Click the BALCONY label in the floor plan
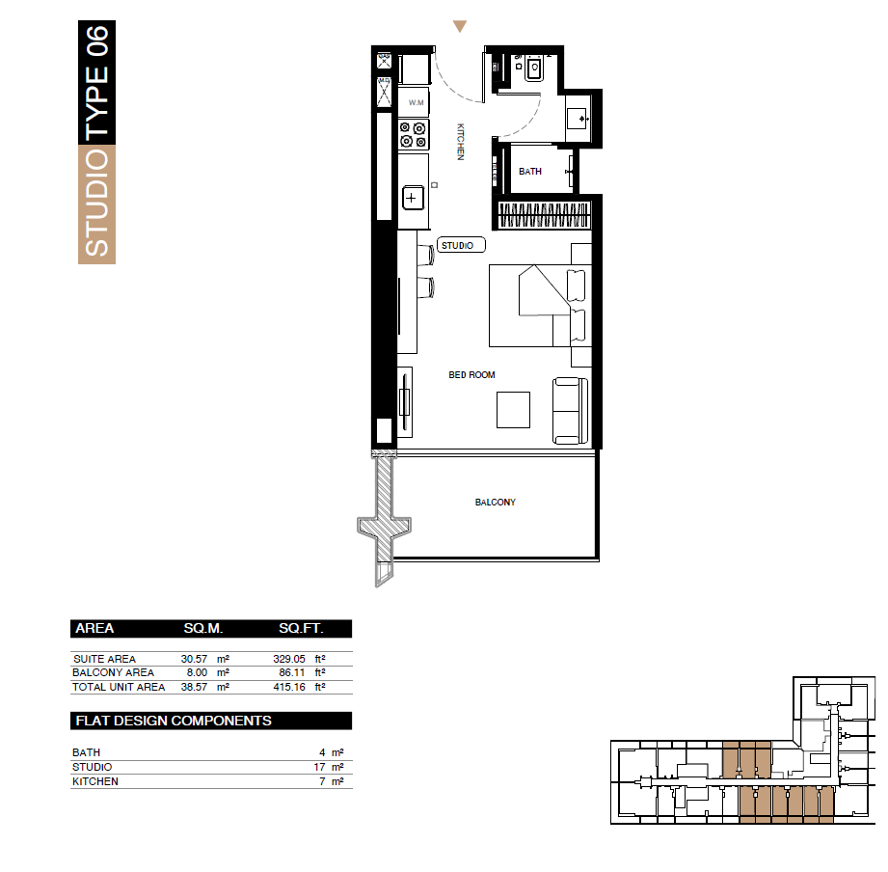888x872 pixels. coord(495,502)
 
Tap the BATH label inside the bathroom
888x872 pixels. coord(530,171)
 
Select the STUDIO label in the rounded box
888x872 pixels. coord(458,245)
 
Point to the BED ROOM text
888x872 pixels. coord(471,374)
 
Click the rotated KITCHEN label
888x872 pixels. coord(461,142)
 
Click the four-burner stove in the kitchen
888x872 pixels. coord(414,135)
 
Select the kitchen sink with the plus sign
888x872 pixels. coord(413,198)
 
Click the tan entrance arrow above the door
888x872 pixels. coord(460,26)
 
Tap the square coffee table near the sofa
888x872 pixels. coord(513,410)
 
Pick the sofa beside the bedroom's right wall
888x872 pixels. coord(570,411)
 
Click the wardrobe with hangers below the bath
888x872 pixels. coord(544,214)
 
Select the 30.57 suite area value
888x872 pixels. coord(194,659)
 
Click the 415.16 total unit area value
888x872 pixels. coord(289,687)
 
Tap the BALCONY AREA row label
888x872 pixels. coord(113,672)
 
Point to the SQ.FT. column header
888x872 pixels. coord(301,628)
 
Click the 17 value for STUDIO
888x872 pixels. coord(319,767)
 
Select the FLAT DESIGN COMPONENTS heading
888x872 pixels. coord(174,721)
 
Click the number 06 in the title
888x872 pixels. coord(96,41)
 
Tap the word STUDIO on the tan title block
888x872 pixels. coord(96,203)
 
